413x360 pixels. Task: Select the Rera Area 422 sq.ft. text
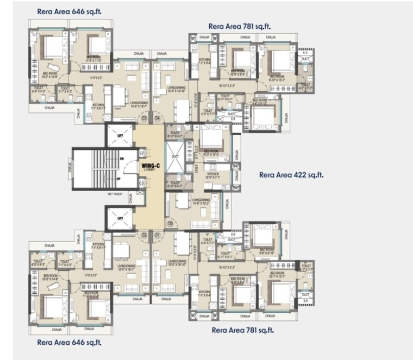[x=291, y=175]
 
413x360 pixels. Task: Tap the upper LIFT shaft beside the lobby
[x=120, y=135]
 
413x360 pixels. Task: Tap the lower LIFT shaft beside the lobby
[x=120, y=218]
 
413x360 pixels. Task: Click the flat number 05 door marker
[x=170, y=223]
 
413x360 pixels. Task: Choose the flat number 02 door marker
[x=145, y=235]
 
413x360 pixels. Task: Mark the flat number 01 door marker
[x=158, y=235]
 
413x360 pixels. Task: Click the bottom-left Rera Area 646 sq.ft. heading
[x=68, y=343]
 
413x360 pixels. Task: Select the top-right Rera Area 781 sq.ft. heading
[x=240, y=26]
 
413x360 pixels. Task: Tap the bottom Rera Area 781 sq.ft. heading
[x=242, y=330]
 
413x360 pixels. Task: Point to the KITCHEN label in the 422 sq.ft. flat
[x=212, y=175]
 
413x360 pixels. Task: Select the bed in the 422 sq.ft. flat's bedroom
[x=211, y=142]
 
